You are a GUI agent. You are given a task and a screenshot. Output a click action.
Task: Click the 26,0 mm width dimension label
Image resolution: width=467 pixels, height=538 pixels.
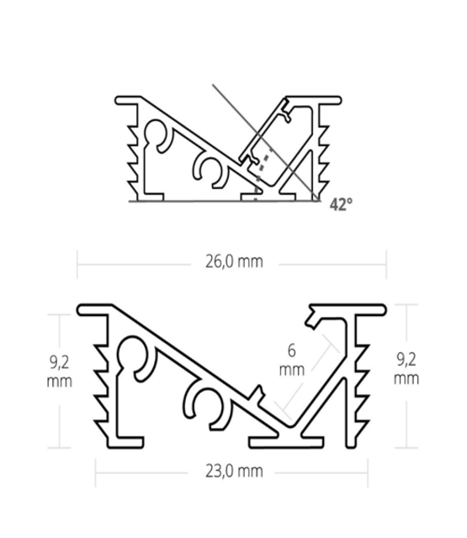(x=233, y=261)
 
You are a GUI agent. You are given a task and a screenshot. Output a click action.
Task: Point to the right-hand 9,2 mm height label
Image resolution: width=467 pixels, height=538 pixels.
(x=407, y=371)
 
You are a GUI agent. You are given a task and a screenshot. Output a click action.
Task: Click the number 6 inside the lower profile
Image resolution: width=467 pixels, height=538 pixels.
(x=291, y=351)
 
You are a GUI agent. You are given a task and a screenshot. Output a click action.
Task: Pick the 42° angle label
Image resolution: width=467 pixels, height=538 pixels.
(x=341, y=203)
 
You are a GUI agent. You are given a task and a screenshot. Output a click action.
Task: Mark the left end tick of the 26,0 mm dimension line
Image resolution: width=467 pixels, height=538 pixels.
(x=77, y=262)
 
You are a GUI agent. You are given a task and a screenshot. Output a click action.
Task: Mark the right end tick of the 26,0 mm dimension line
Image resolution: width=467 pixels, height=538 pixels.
(x=386, y=262)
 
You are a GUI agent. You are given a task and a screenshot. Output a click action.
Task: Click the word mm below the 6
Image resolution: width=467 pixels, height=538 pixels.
(x=291, y=369)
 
